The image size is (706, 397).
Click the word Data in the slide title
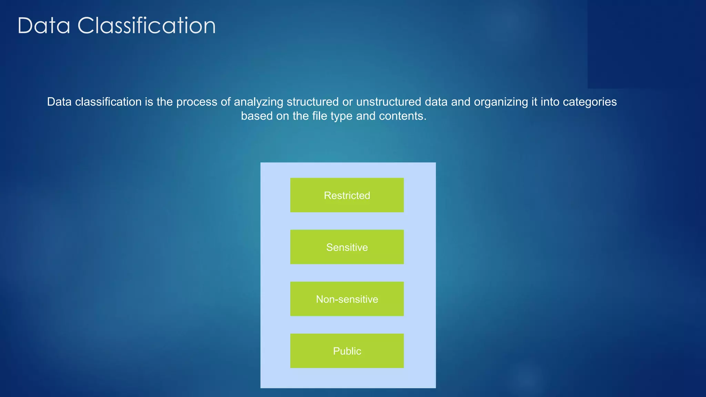click(x=44, y=26)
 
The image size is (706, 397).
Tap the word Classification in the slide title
click(x=147, y=26)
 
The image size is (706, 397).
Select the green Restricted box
click(x=347, y=195)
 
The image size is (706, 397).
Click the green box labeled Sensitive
click(x=347, y=247)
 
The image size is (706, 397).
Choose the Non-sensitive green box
click(x=347, y=299)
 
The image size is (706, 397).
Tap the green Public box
click(x=347, y=351)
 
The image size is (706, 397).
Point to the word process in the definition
click(x=196, y=102)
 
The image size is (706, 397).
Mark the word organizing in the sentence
click(x=501, y=102)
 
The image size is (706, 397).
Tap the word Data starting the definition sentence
click(x=59, y=102)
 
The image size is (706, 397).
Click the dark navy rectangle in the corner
click(x=646, y=44)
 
